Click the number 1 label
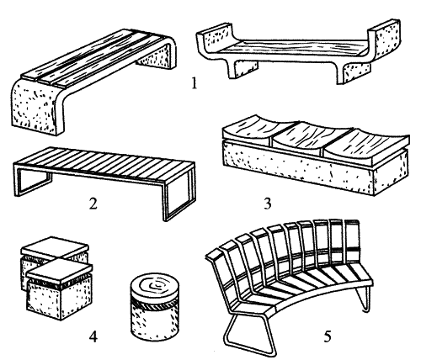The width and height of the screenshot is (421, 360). click(x=194, y=83)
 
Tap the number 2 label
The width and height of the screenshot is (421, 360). click(x=93, y=204)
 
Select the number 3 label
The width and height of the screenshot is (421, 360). click(x=268, y=204)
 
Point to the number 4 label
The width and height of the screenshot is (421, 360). click(x=93, y=336)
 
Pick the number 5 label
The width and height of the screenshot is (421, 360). click(x=328, y=336)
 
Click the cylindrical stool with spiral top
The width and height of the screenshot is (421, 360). click(x=154, y=307)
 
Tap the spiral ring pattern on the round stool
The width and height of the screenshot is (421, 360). click(x=154, y=286)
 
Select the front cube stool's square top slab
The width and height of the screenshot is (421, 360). click(x=60, y=270)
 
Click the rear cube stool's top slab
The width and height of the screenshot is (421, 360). click(x=55, y=246)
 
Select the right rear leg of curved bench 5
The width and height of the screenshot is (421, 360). click(x=364, y=299)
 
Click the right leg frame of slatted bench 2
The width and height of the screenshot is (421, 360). click(x=179, y=196)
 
